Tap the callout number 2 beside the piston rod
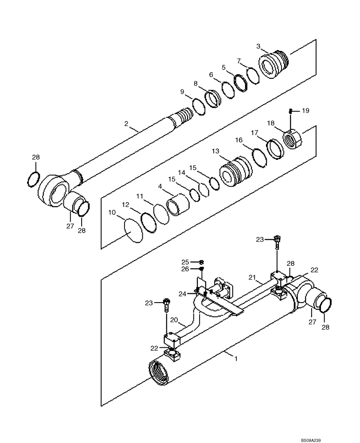126,124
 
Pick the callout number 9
182,92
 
